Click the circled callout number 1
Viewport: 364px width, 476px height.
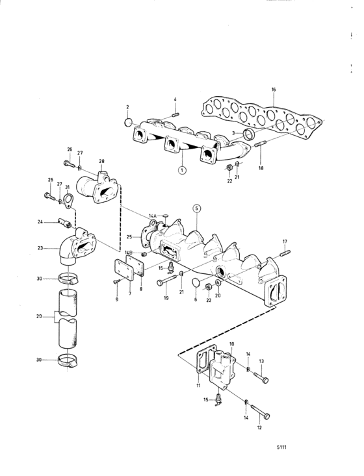coord(182,170)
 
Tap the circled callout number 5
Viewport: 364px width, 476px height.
coord(196,208)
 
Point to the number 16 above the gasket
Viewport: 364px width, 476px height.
coord(274,90)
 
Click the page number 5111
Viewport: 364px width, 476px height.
coord(281,447)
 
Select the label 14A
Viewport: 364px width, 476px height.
coord(153,216)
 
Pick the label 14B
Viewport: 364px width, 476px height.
coord(129,252)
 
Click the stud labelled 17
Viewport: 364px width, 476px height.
coord(285,253)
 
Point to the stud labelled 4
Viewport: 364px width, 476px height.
coord(175,116)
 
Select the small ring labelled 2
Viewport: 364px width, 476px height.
coord(129,122)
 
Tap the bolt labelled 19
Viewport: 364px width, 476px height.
coord(166,280)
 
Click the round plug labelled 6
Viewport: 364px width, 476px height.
coord(196,282)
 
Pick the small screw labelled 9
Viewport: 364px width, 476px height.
coord(116,282)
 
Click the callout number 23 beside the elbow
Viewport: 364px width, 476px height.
coord(40,248)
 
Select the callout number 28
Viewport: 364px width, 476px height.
coord(101,160)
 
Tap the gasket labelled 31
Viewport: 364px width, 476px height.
coord(69,201)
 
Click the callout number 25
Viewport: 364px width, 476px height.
coord(129,237)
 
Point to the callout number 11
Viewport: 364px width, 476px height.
coord(198,386)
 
